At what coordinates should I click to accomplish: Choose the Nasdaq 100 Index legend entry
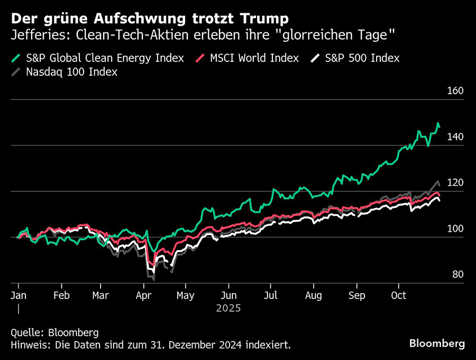pyautogui.click(x=71, y=72)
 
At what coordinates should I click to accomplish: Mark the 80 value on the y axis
pyautogui.click(x=457, y=275)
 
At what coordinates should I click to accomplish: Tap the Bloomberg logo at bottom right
pyautogui.click(x=437, y=344)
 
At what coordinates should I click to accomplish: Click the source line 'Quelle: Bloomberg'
pyautogui.click(x=54, y=332)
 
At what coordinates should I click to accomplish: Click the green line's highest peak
pyautogui.click(x=438, y=124)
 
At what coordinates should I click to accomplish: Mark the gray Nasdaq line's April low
pyautogui.click(x=153, y=279)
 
